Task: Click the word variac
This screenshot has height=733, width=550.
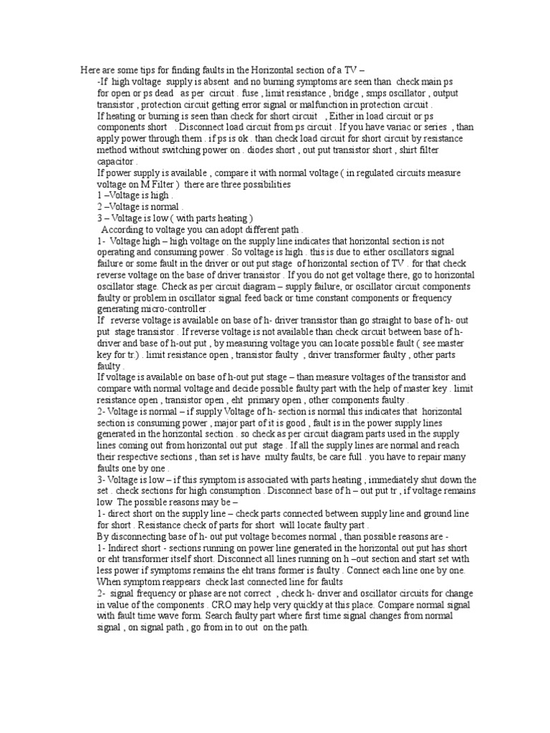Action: tap(393, 127)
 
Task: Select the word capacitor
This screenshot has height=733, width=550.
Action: tap(116, 162)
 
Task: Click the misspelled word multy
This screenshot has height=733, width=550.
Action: tap(278, 457)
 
